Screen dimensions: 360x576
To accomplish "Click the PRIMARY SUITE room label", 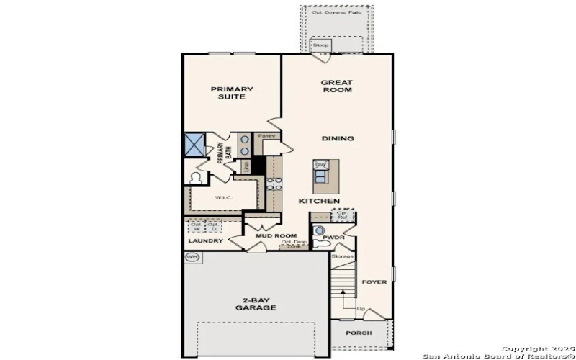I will click(232, 93).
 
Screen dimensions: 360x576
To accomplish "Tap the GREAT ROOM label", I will click(336, 86).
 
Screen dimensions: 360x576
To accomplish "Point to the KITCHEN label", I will click(319, 201).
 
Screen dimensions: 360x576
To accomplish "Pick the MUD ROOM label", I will click(276, 235).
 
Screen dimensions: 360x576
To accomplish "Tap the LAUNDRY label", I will click(205, 240).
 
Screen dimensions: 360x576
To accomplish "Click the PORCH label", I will click(358, 333).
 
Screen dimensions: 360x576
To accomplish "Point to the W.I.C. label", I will click(222, 197).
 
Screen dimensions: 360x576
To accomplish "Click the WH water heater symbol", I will click(192, 256).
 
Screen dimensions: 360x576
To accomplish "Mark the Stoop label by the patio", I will click(320, 45).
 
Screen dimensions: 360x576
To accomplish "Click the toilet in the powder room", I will click(320, 230).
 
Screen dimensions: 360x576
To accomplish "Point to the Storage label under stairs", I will click(343, 256).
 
